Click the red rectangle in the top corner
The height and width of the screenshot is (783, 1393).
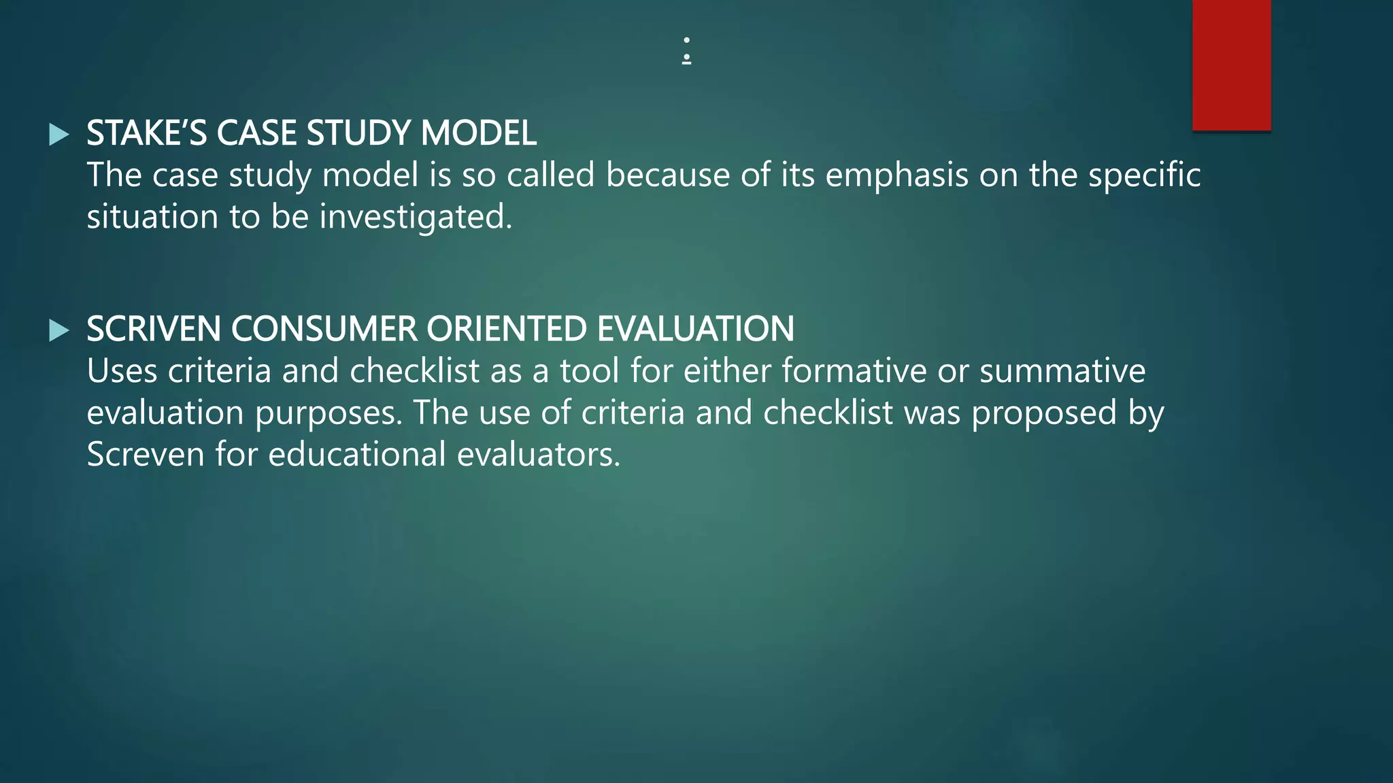pos(1231,65)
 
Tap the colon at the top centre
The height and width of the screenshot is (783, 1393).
pos(687,50)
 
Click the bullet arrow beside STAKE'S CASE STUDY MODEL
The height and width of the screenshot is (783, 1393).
pos(59,135)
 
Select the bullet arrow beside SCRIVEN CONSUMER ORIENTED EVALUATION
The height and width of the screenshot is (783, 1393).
pos(59,331)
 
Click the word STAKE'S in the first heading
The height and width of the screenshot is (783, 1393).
pos(146,133)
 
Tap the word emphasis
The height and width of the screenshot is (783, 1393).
pos(896,175)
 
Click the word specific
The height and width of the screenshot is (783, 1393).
pos(1144,175)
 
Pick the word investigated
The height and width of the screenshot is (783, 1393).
pos(416,217)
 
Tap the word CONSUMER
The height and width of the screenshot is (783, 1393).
pos(324,329)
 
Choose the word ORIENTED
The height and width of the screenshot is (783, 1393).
pos(507,329)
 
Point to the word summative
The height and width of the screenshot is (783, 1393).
pos(1062,371)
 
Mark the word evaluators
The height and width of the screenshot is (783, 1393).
pos(538,454)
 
